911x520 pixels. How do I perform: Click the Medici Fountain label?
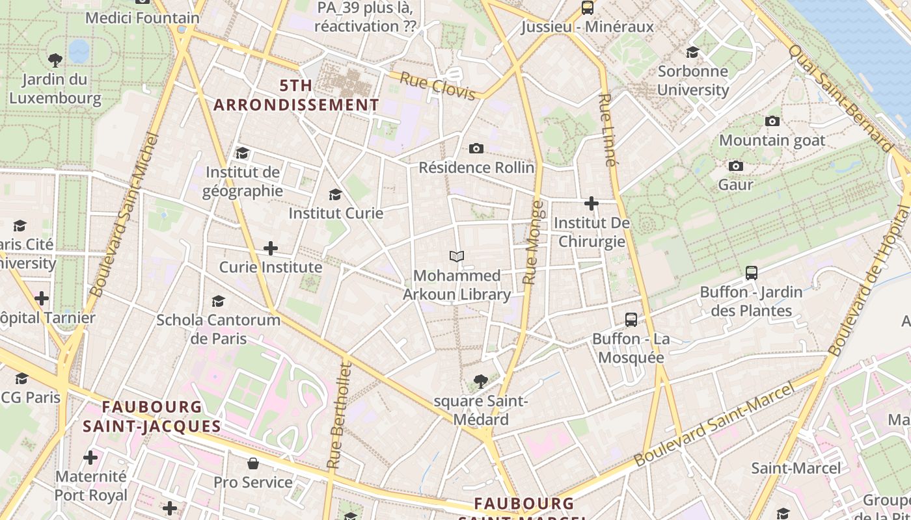[x=142, y=18]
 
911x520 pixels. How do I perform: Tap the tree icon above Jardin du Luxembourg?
[x=55, y=60]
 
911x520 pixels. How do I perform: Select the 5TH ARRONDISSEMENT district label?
[x=296, y=95]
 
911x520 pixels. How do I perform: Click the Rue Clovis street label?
[x=437, y=86]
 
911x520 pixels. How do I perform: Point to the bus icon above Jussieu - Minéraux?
[x=588, y=8]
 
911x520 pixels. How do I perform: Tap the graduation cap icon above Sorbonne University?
[x=692, y=52]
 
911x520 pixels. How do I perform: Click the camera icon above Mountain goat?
[x=772, y=121]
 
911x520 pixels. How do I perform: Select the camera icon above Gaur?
[x=736, y=166]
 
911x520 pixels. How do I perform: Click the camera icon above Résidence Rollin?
[x=476, y=149]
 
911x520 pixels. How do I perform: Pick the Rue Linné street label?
[x=606, y=130]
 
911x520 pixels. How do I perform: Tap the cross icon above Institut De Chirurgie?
[x=591, y=204]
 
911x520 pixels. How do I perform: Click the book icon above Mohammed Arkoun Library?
[x=457, y=257]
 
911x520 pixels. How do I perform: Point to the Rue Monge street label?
[x=533, y=242]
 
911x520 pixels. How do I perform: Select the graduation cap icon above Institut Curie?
[x=335, y=194]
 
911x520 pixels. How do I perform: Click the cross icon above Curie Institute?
[x=271, y=248]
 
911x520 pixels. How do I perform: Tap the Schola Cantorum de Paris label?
[x=219, y=329]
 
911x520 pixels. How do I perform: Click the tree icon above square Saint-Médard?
[x=481, y=381]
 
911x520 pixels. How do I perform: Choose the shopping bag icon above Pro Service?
[x=253, y=463]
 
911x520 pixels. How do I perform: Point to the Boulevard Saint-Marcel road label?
[x=714, y=424]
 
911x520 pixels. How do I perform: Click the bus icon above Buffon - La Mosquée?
[x=631, y=320]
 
